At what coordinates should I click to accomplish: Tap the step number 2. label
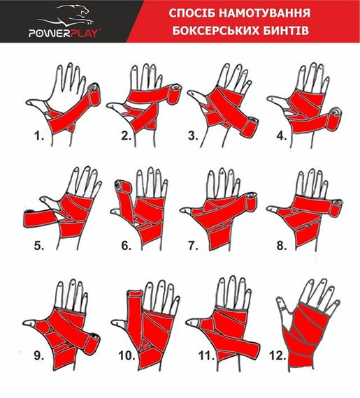coord(127,137)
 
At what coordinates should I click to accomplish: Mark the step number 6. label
coord(126,245)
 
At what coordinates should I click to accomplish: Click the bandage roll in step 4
coord(338,112)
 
